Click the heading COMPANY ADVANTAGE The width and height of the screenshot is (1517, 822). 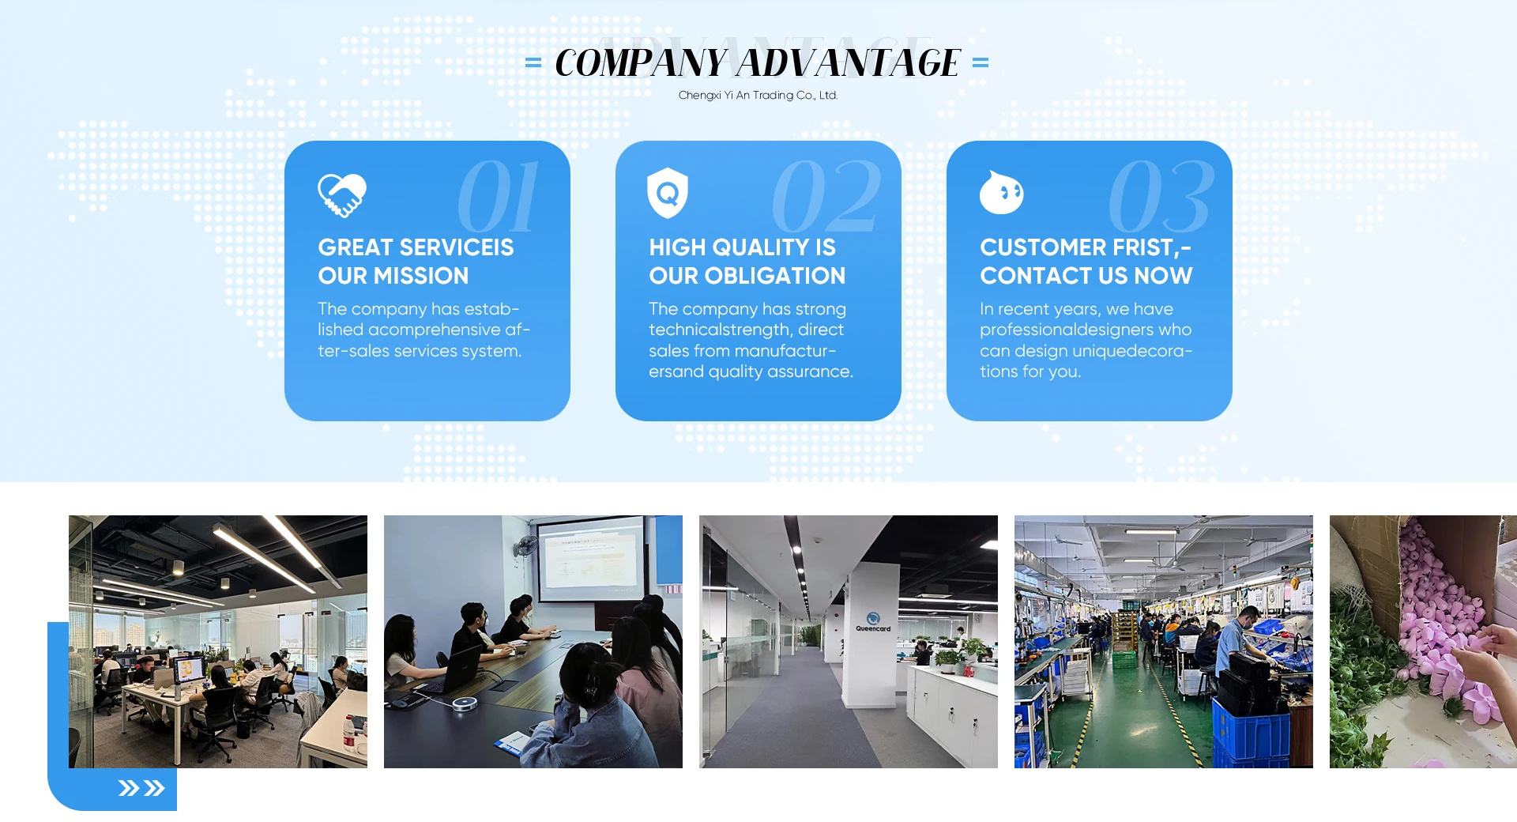click(757, 62)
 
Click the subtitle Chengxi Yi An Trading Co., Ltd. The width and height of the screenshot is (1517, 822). click(758, 95)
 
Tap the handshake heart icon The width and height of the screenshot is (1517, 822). click(341, 194)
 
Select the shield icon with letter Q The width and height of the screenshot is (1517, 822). click(668, 193)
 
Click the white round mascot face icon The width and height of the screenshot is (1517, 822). click(1001, 192)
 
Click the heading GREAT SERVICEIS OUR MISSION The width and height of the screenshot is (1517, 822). click(416, 262)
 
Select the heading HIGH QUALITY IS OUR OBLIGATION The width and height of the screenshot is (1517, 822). click(747, 262)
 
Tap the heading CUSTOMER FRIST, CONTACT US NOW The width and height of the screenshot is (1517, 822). click(1086, 262)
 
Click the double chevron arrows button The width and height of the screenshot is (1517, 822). click(141, 788)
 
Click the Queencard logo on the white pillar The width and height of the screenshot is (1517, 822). click(873, 622)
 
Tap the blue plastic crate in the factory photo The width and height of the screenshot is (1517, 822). click(1251, 731)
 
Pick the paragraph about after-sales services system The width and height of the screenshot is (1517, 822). click(423, 330)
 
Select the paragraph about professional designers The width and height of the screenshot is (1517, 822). click(1086, 340)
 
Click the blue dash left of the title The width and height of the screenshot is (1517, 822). click(533, 62)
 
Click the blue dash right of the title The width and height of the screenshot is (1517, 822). click(981, 62)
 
